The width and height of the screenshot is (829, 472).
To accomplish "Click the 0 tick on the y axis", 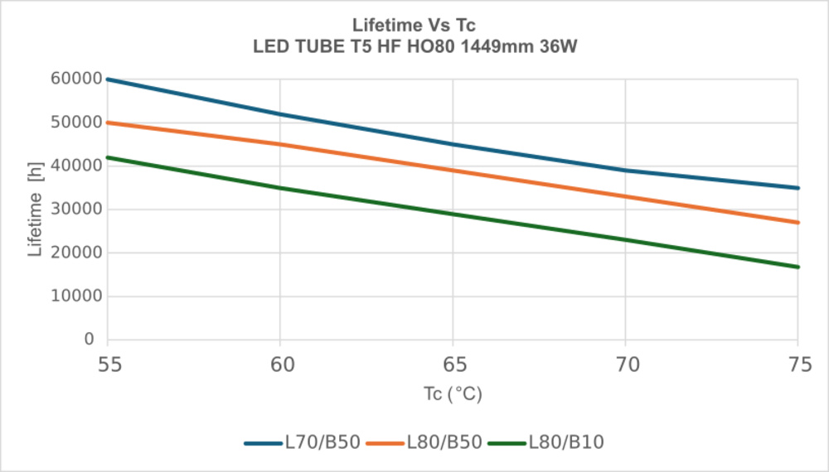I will tap(90, 340).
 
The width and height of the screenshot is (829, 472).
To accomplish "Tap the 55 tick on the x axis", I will tap(107, 364).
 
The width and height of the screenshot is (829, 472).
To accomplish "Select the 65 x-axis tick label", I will tap(453, 364).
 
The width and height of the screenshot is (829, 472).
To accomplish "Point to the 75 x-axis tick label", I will tap(798, 364).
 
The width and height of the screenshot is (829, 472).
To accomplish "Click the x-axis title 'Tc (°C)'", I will tap(453, 395).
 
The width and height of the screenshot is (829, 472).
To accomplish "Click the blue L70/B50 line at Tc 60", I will tap(280, 114).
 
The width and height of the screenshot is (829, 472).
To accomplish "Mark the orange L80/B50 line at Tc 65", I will tap(453, 171).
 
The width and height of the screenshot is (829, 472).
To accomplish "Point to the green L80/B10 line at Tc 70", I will tap(626, 240).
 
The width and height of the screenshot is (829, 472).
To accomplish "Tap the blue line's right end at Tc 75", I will tap(797, 188).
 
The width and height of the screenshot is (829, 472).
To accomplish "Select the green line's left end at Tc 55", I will tap(108, 157).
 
